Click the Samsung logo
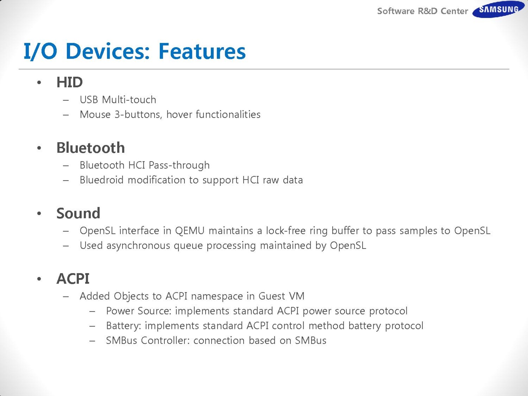pyautogui.click(x=498, y=9)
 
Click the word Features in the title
pyautogui.click(x=202, y=51)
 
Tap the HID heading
pyautogui.click(x=70, y=82)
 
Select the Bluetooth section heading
pyautogui.click(x=90, y=148)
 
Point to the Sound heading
pyautogui.click(x=78, y=213)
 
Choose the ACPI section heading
pyautogui.click(x=73, y=279)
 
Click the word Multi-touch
pyautogui.click(x=129, y=100)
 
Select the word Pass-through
pyautogui.click(x=179, y=166)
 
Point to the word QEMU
pyautogui.click(x=189, y=231)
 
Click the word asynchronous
pyautogui.click(x=138, y=246)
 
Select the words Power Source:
pyautogui.click(x=139, y=311)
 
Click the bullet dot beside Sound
pyautogui.click(x=39, y=213)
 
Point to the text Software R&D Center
pyautogui.click(x=422, y=11)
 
